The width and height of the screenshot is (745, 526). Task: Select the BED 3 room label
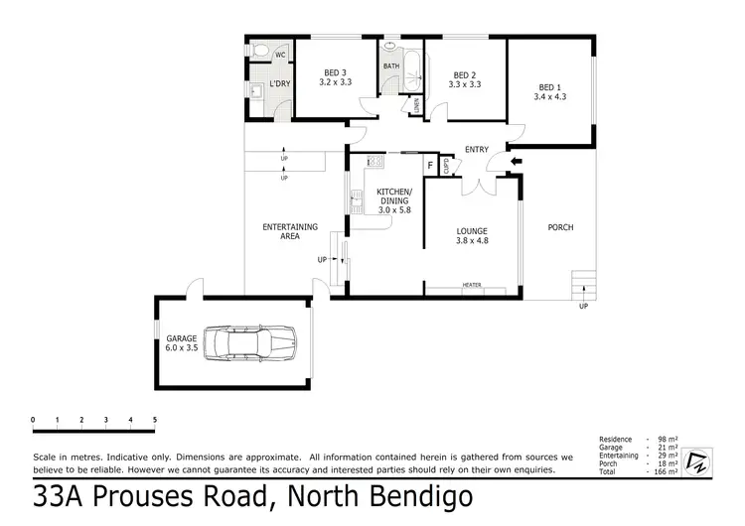[x=335, y=77]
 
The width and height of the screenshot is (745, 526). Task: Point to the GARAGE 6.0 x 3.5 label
[x=182, y=343]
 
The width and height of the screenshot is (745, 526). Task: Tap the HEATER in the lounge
[x=472, y=286]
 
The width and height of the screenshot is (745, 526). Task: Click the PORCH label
[x=560, y=227]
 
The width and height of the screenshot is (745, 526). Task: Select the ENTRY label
[x=477, y=150]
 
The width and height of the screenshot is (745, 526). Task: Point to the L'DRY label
[x=279, y=83]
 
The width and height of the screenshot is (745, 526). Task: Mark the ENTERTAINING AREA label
[x=290, y=231]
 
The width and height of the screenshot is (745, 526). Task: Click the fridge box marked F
[x=429, y=165]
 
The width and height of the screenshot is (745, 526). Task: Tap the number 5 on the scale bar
[x=155, y=420]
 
